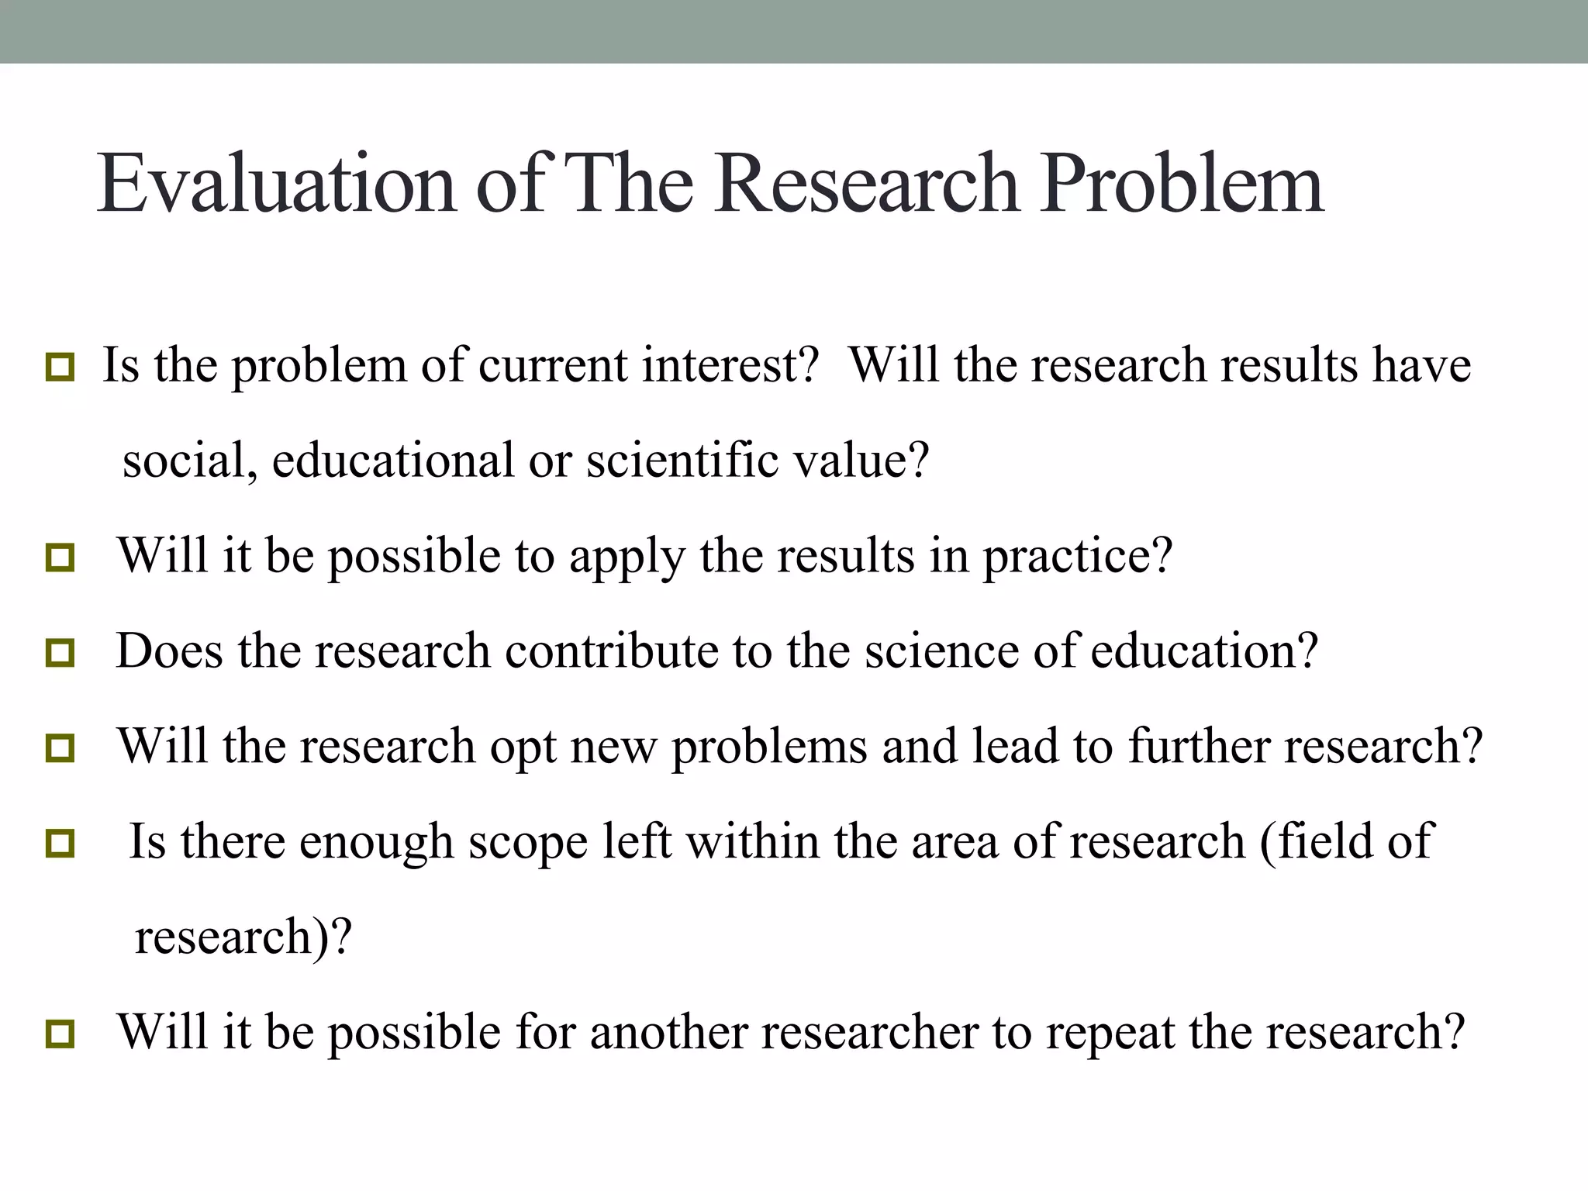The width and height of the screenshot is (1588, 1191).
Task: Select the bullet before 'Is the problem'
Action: point(60,367)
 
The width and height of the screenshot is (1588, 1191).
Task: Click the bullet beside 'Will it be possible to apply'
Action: point(60,558)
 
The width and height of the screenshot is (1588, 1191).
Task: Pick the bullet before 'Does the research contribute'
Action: point(60,653)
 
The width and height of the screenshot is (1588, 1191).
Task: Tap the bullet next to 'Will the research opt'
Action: point(60,748)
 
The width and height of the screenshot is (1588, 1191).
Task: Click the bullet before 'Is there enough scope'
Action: point(60,844)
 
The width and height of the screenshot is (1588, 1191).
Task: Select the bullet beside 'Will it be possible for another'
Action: point(60,1034)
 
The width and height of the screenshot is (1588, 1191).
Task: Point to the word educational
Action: point(393,460)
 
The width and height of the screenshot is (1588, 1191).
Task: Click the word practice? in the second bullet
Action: point(1078,557)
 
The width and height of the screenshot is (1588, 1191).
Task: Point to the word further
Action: point(1198,746)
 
